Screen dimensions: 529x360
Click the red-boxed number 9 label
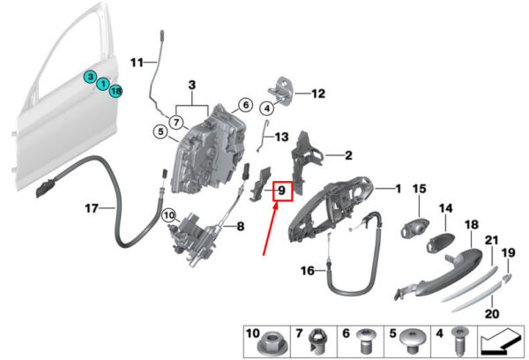tap(282, 191)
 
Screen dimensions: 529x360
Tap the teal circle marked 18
tap(115, 91)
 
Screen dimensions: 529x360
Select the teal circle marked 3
tap(91, 77)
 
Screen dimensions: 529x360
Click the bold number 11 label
tap(137, 63)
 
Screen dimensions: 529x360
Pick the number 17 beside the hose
tap(92, 208)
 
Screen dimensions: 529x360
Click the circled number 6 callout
tap(246, 105)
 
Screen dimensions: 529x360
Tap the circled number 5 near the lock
tap(160, 131)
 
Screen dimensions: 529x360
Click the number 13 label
tap(282, 137)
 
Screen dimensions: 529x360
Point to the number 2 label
tap(348, 155)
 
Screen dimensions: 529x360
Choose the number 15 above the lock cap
tap(420, 189)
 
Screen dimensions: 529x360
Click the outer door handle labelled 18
tap(438, 272)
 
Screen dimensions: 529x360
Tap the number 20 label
tap(492, 314)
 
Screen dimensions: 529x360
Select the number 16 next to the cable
tap(308, 271)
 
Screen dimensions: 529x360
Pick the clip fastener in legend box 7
tap(316, 342)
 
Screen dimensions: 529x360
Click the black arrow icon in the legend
tap(502, 342)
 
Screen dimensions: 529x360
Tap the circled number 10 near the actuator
tap(169, 215)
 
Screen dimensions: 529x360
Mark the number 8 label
tap(240, 226)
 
